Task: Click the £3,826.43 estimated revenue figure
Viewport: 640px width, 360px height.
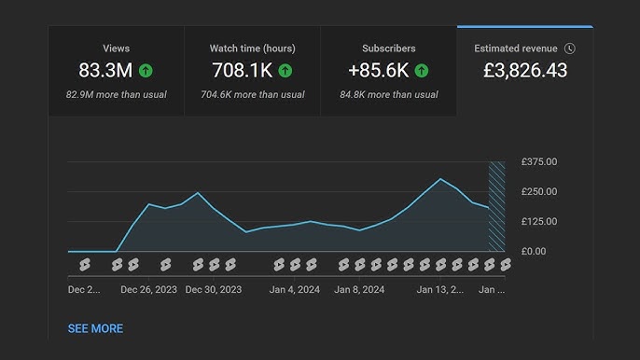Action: click(x=524, y=71)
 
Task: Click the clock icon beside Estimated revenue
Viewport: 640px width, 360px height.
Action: click(x=570, y=48)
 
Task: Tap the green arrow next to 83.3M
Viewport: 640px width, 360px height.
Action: click(x=146, y=71)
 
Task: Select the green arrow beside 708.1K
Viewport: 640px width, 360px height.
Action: click(x=285, y=71)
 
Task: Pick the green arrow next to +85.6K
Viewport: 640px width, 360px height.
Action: click(x=422, y=71)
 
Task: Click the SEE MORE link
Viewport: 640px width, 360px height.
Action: click(x=95, y=328)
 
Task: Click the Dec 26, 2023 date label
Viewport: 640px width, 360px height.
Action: click(x=148, y=290)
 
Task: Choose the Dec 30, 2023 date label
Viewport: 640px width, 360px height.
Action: click(x=214, y=290)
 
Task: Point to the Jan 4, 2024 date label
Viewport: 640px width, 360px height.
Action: click(x=294, y=290)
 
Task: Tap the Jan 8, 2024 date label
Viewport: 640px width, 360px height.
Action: click(x=359, y=290)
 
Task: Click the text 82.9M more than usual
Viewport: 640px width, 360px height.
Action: click(x=117, y=95)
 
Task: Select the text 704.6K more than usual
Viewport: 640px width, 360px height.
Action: click(x=253, y=95)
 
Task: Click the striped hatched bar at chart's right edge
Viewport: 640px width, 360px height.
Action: click(x=496, y=206)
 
